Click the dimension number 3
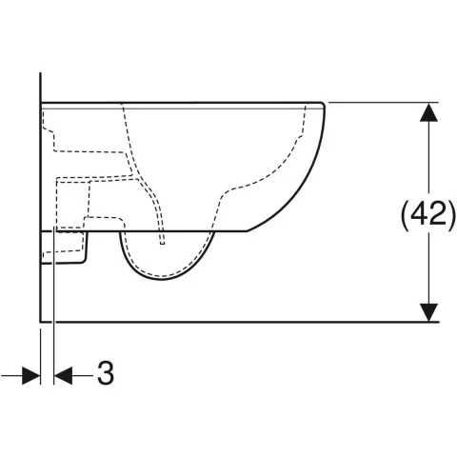[x=106, y=373]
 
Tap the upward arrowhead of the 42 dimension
[x=428, y=112]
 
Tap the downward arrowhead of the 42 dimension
[x=428, y=312]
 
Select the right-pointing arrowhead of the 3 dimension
[x=31, y=376]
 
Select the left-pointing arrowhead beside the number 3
[x=63, y=376]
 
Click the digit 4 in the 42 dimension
[x=419, y=214]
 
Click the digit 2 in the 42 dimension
[x=438, y=214]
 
